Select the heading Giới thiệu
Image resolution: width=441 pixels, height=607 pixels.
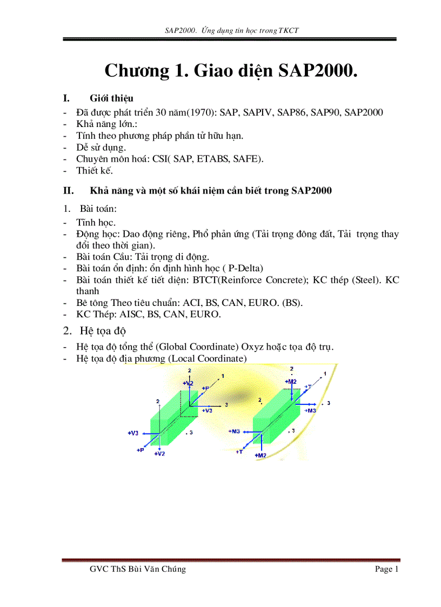click(111, 98)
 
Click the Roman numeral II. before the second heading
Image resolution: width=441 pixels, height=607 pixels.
click(68, 190)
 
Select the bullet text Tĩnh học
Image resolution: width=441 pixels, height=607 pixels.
click(96, 222)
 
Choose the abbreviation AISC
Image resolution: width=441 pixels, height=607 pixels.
click(129, 314)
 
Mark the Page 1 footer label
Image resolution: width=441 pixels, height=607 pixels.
click(386, 569)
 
